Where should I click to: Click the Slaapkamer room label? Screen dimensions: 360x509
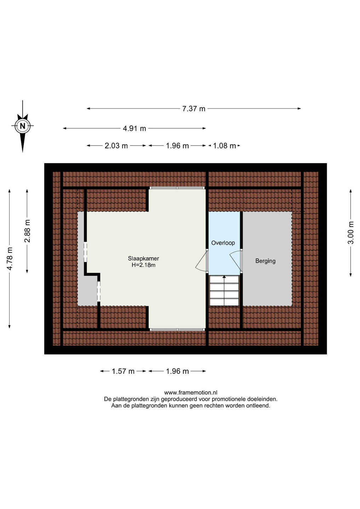pyautogui.click(x=144, y=258)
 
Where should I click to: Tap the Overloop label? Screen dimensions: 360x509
pyautogui.click(x=223, y=243)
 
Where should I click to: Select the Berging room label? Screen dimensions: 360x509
pyautogui.click(x=265, y=261)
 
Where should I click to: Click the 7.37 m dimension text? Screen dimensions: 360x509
pyautogui.click(x=194, y=109)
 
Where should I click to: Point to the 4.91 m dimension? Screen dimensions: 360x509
pyautogui.click(x=134, y=129)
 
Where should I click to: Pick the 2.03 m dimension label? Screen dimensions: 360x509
pyautogui.click(x=116, y=146)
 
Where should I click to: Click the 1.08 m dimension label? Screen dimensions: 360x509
pyautogui.click(x=224, y=146)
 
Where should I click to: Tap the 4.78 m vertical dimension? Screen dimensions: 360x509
pyautogui.click(x=9, y=259)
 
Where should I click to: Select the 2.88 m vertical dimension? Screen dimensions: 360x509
pyautogui.click(x=27, y=231)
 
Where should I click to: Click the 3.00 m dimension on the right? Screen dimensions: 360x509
pyautogui.click(x=351, y=233)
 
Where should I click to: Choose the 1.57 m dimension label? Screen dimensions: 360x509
pyautogui.click(x=123, y=371)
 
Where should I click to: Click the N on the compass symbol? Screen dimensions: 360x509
pyautogui.click(x=22, y=126)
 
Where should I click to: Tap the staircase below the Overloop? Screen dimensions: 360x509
pyautogui.click(x=224, y=291)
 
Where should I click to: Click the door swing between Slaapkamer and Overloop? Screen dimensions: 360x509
pyautogui.click(x=201, y=261)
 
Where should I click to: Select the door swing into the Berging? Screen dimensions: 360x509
pyautogui.click(x=236, y=261)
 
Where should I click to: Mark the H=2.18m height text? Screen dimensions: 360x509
pyautogui.click(x=144, y=265)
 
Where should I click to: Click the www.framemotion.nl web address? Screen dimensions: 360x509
pyautogui.click(x=191, y=392)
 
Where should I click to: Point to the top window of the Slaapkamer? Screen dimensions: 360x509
pyautogui.click(x=177, y=188)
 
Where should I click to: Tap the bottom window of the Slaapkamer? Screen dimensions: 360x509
pyautogui.click(x=177, y=329)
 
